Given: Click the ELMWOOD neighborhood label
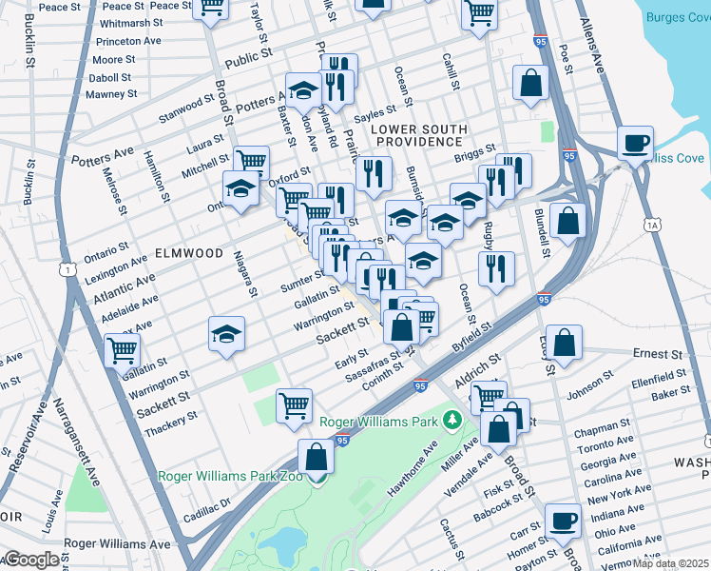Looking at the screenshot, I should (x=185, y=254).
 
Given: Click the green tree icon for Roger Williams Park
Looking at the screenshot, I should (x=453, y=421).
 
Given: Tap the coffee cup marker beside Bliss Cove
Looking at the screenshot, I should (x=635, y=143).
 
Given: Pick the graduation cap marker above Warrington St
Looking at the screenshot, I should (x=226, y=333).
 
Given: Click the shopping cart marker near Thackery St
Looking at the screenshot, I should (x=295, y=404).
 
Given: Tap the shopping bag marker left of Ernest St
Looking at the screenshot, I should (x=564, y=343).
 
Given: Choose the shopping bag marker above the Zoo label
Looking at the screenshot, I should (x=316, y=456).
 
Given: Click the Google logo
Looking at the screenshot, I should (x=31, y=560).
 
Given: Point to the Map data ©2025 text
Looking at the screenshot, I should (x=670, y=563).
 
